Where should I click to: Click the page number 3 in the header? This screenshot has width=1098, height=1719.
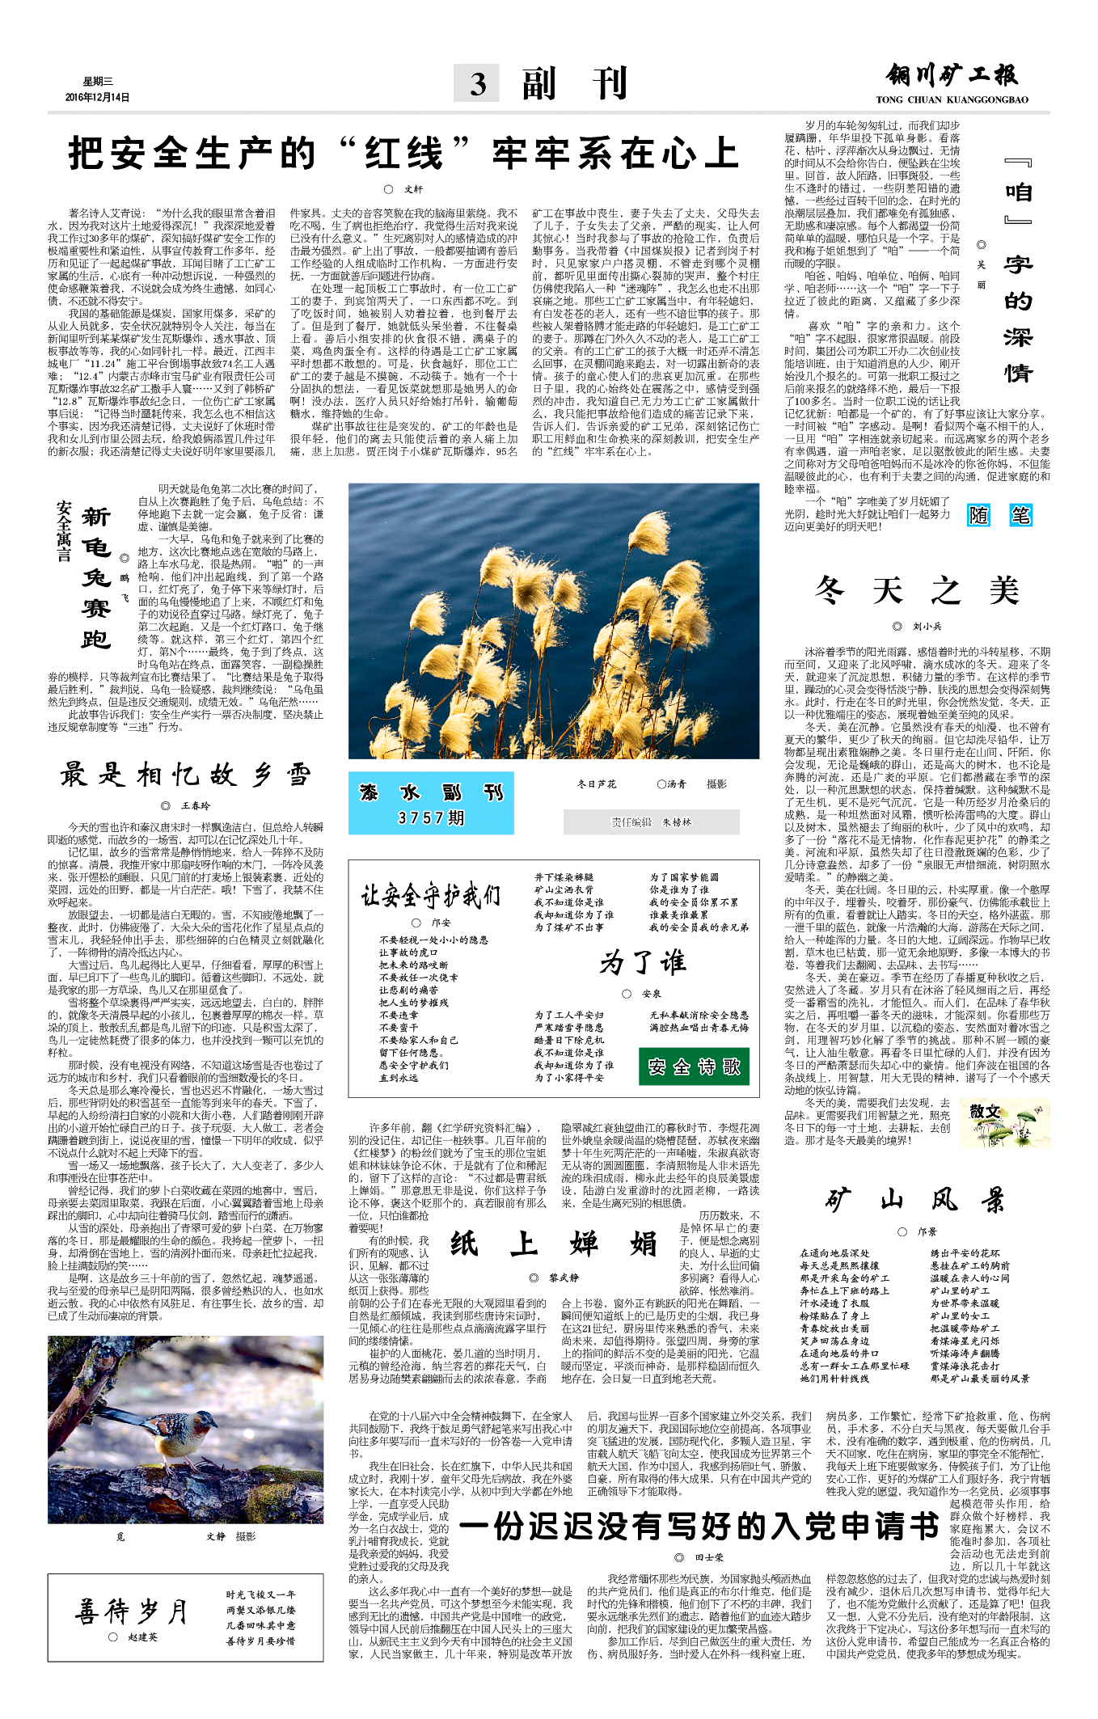[x=478, y=84]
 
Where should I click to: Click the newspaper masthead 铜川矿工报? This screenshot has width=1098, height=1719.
[x=952, y=76]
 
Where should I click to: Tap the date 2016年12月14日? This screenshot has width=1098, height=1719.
[x=97, y=97]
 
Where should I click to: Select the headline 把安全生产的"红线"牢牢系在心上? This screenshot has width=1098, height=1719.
[x=403, y=154]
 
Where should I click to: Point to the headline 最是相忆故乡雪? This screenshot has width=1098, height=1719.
[x=185, y=775]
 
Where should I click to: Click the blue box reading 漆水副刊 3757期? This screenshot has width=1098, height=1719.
[x=431, y=803]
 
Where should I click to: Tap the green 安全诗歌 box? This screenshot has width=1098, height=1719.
[x=694, y=1066]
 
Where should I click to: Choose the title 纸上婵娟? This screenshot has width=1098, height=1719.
[x=554, y=1243]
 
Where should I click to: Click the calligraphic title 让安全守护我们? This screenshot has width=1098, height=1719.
[x=430, y=895]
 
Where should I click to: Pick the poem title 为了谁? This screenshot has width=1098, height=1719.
[x=643, y=961]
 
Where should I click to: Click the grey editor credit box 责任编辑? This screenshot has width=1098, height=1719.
[x=651, y=822]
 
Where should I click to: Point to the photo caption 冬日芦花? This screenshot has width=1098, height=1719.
[x=596, y=784]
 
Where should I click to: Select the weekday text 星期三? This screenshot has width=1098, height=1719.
[x=98, y=81]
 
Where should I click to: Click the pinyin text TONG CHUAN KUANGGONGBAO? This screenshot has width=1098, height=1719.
[x=952, y=99]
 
